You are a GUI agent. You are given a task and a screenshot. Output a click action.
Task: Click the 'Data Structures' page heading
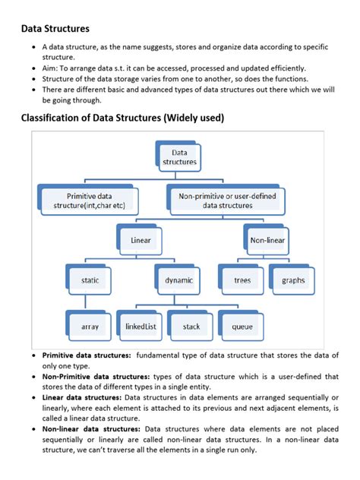pos(55,28)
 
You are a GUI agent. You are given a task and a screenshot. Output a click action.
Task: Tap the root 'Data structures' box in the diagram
pos(179,157)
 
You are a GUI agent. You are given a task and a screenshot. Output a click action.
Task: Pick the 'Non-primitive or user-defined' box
pos(227,201)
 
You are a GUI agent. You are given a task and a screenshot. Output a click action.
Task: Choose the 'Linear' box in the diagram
pos(141,240)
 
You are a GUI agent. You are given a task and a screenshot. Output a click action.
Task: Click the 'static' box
pos(90,280)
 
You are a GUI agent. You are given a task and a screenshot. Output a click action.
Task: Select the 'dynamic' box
pos(178,280)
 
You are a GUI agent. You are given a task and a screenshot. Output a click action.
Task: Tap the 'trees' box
pos(242,280)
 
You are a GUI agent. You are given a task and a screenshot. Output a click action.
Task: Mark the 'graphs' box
pos(293,280)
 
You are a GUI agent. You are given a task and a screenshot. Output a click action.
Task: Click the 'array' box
pos(90,327)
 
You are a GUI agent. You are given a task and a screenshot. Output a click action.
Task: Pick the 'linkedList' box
pos(141,327)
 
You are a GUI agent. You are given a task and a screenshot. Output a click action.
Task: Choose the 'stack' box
pos(191,327)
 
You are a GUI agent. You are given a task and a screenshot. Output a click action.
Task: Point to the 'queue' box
pos(242,327)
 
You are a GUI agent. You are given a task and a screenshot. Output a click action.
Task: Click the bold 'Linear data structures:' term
pos(82,397)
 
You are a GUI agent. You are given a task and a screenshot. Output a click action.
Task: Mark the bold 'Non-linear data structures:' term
pos(91,429)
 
